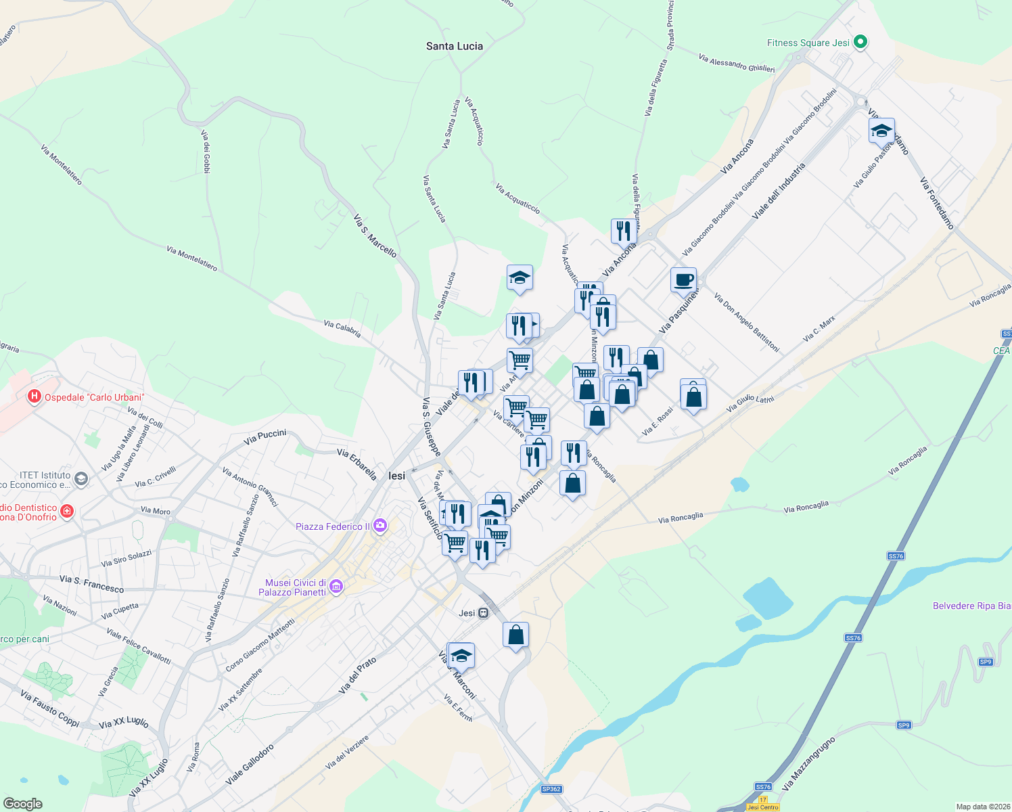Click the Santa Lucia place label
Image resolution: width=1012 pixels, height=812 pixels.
[455, 46]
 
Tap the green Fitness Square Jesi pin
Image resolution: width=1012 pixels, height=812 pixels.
[860, 43]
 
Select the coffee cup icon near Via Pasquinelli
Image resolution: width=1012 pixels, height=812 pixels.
[684, 279]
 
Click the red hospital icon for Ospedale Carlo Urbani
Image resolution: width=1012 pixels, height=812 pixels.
[34, 397]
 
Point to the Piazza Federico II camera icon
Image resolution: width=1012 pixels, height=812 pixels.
[380, 526]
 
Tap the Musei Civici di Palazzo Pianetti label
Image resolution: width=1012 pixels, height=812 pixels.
[296, 587]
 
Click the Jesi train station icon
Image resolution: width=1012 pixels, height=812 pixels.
[483, 613]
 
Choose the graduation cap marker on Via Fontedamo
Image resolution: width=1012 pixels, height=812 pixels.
[881, 131]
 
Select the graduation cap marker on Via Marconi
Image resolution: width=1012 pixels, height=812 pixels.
[461, 656]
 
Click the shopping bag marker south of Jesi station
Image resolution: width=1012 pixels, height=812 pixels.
[515, 635]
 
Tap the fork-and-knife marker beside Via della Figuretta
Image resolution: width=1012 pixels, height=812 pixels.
[623, 231]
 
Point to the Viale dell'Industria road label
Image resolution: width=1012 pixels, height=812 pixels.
[779, 190]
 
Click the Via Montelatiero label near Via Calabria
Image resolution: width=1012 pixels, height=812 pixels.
[192, 258]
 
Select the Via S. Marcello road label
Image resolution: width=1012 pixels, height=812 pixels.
[375, 235]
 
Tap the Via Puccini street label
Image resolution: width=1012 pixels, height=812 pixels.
[265, 436]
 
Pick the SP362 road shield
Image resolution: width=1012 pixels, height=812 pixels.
[551, 789]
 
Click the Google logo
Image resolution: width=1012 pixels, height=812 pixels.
[23, 804]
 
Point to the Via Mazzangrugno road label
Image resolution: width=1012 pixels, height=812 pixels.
[809, 763]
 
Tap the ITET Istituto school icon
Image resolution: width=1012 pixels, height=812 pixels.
[81, 480]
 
